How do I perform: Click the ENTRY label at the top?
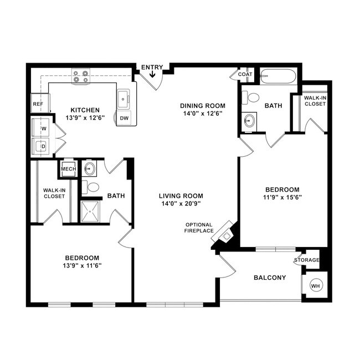[x=152, y=68]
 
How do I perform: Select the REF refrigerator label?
[x=38, y=104]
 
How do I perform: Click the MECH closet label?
[x=68, y=169]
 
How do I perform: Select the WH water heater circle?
[x=316, y=286]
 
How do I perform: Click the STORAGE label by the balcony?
[x=306, y=260]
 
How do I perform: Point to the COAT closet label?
[x=245, y=74]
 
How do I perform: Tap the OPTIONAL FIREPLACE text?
[x=199, y=227]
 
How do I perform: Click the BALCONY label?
[x=270, y=277]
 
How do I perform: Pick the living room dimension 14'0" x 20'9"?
[x=181, y=203]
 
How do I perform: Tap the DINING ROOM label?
[x=203, y=105]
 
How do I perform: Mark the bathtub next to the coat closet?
[x=279, y=76]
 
